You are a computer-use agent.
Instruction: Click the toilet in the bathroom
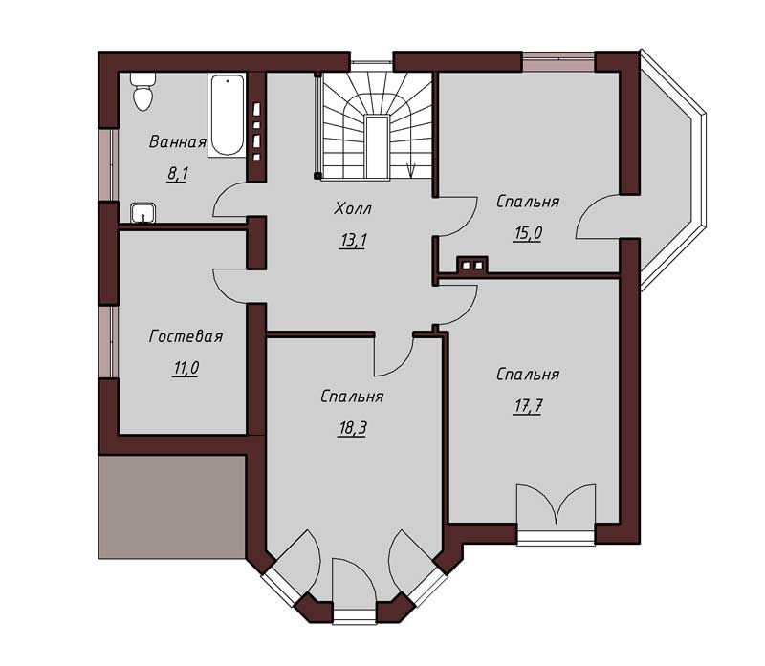[x=143, y=92]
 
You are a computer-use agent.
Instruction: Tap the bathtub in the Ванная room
[x=227, y=115]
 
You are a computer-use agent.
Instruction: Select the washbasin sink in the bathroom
[x=142, y=212]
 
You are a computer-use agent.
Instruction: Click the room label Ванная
[x=178, y=141]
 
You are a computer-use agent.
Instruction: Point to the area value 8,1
[x=178, y=174]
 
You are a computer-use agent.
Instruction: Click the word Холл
[x=353, y=208]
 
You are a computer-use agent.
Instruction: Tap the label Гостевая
[x=186, y=336]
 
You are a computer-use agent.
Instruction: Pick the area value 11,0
[x=186, y=368]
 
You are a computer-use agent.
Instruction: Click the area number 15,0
[x=528, y=233]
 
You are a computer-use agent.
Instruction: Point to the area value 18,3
[x=352, y=428]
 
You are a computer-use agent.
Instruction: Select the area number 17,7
[x=528, y=406]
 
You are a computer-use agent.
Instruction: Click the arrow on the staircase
[x=411, y=169]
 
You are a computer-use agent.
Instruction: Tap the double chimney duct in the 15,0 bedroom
[x=472, y=265]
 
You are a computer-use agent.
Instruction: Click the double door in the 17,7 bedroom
[x=557, y=505]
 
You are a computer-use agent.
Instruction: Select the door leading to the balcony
[x=599, y=216]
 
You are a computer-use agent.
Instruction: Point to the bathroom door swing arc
[x=230, y=199]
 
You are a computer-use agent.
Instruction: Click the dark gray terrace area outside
[x=172, y=507]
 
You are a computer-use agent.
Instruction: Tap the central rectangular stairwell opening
[x=377, y=147]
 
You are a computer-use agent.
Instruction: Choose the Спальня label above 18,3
[x=352, y=397]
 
